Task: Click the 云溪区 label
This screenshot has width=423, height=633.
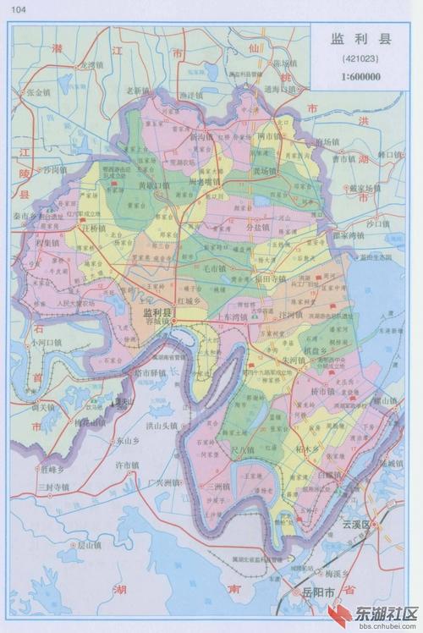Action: tap(356, 524)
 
